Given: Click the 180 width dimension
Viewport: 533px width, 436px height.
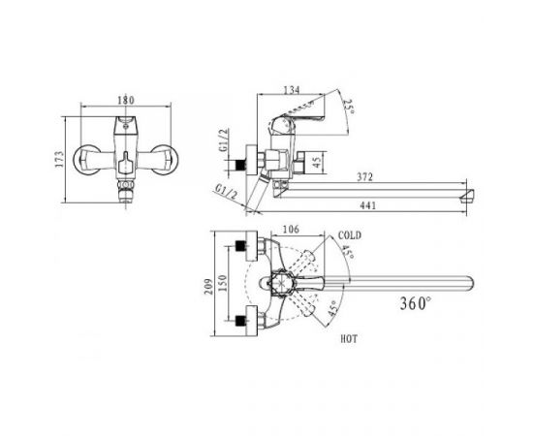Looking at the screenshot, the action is pyautogui.click(x=126, y=101).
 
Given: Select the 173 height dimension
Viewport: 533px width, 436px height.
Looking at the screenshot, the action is pyautogui.click(x=59, y=159).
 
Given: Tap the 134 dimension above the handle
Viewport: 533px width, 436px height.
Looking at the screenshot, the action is pyautogui.click(x=292, y=90).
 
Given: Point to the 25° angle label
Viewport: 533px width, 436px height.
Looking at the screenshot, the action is pyautogui.click(x=349, y=108).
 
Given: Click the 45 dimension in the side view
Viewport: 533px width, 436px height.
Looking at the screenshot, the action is pyautogui.click(x=317, y=162).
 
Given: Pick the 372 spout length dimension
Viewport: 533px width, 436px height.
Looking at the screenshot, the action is pyautogui.click(x=364, y=177).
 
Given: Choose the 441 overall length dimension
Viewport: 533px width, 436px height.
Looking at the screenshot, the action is pyautogui.click(x=368, y=205).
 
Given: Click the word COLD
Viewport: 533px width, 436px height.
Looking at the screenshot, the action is pyautogui.click(x=350, y=235).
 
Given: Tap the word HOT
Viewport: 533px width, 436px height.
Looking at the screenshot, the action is pyautogui.click(x=349, y=339).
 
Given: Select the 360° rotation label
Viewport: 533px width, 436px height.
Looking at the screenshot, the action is pyautogui.click(x=416, y=303).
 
